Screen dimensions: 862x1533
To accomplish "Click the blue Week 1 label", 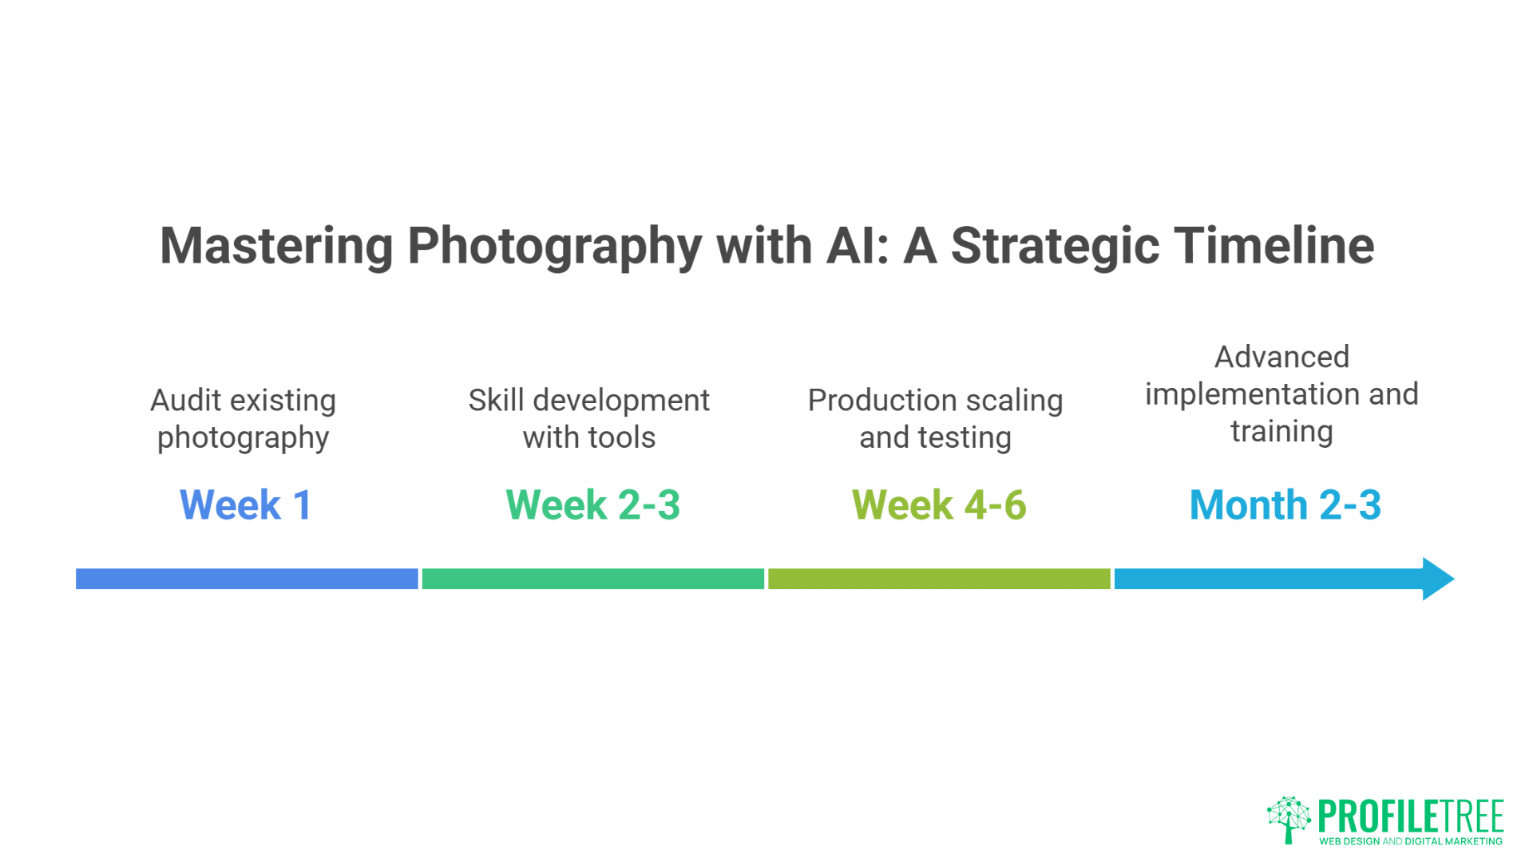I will point(245,505).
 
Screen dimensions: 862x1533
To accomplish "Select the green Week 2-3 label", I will point(592,505).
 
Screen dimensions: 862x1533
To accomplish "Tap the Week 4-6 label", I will point(939,505).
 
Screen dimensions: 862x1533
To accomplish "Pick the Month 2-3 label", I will point(1285,505).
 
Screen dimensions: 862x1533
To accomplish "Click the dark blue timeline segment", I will point(247,579).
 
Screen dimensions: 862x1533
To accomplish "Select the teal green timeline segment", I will point(592,579).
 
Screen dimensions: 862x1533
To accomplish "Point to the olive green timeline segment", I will point(939,579).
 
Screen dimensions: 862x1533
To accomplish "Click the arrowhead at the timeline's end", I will point(1438,579).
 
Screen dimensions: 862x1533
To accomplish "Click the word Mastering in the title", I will point(276,246).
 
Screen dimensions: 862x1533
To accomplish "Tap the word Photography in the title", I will point(555,246).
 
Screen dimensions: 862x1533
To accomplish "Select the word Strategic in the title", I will point(1055,246).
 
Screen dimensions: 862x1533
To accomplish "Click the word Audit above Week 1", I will point(185,401).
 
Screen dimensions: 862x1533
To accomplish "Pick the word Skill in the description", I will point(496,401).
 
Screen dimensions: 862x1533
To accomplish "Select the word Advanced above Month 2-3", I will point(1281,357).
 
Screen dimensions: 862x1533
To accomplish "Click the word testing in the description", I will point(965,438).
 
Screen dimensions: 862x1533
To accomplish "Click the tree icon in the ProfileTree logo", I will point(1288,819).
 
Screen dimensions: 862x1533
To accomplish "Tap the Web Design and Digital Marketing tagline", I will point(1410,841).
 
